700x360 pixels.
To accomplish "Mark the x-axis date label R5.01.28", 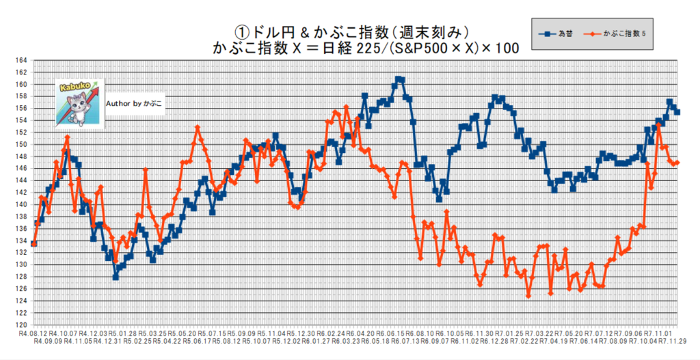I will pyautogui.click(x=123, y=331).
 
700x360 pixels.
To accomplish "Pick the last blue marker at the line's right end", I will pyautogui.click(x=677, y=112).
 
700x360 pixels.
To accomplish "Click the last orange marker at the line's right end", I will pyautogui.click(x=677, y=163).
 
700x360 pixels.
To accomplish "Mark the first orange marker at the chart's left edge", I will pyautogui.click(x=34, y=244).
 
